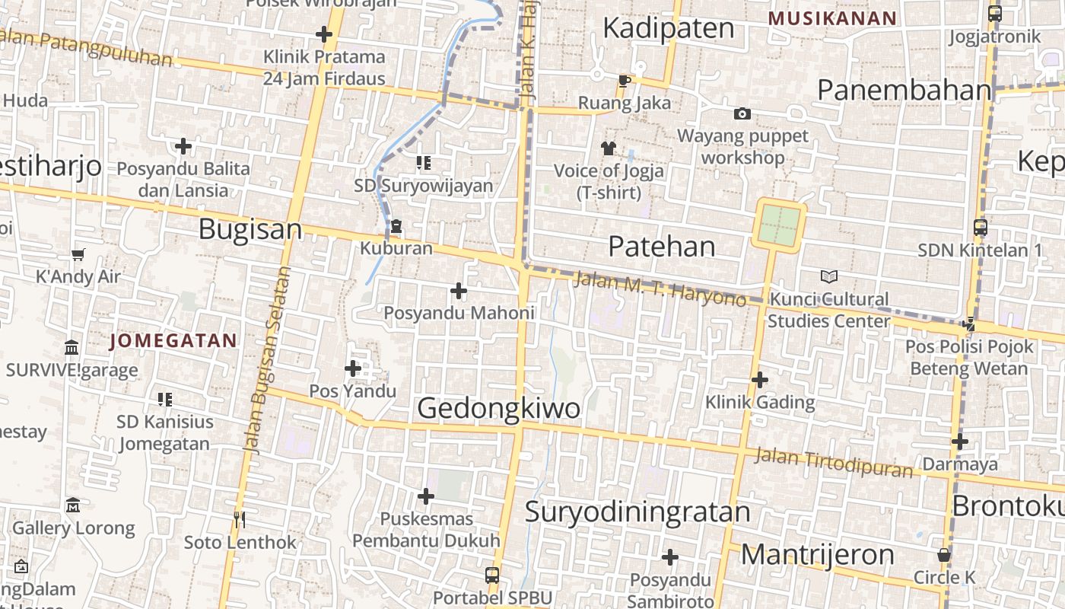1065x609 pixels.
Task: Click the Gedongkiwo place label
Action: click(x=498, y=408)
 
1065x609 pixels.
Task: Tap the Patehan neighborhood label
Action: click(x=662, y=247)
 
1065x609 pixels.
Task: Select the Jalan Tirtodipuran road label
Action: click(x=833, y=463)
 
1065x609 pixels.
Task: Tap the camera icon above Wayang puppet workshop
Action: click(x=742, y=114)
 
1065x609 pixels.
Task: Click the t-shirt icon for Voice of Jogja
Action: click(x=608, y=148)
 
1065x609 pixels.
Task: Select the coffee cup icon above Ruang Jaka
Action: click(x=624, y=81)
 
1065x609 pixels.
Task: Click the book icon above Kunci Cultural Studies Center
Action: click(x=828, y=277)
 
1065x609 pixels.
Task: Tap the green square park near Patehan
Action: click(x=779, y=225)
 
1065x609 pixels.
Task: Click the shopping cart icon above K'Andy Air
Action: click(x=78, y=254)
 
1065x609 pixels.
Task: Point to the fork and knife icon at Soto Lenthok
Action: click(x=240, y=520)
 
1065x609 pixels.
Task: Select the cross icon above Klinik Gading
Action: click(x=759, y=379)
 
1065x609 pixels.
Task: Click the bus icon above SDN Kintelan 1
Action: click(x=981, y=227)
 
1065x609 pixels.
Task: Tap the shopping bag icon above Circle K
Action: click(x=944, y=555)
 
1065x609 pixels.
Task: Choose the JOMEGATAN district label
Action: click(x=173, y=341)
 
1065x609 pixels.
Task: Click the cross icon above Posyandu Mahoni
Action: click(x=459, y=291)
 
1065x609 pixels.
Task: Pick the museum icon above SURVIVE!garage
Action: click(x=72, y=347)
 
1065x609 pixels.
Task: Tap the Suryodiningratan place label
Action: click(x=637, y=512)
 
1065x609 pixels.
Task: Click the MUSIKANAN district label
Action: click(x=832, y=18)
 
